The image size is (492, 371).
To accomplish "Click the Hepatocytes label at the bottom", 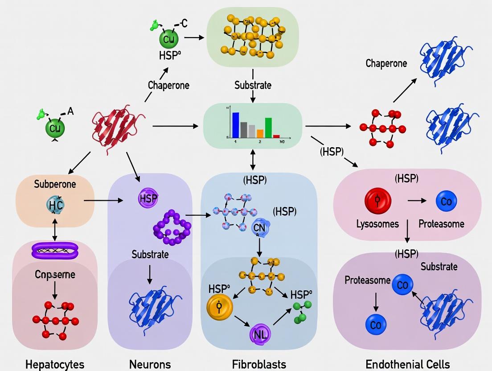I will click(55, 364).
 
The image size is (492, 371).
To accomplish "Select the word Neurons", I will click(150, 364).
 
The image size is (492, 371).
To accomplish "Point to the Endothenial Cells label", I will click(407, 364).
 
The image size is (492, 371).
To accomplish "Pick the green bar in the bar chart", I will click(268, 128).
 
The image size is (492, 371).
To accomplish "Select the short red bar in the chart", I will click(276, 136).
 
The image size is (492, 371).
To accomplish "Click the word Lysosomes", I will click(377, 223).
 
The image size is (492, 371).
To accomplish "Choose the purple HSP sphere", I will click(148, 198).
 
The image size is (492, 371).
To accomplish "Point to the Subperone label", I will click(55, 184).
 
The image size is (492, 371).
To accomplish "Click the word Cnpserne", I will click(55, 274).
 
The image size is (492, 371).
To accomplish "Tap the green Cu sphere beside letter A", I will click(55, 128).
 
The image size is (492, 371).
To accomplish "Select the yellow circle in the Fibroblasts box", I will click(220, 307).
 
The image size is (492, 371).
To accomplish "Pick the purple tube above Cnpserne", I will click(55, 250).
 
